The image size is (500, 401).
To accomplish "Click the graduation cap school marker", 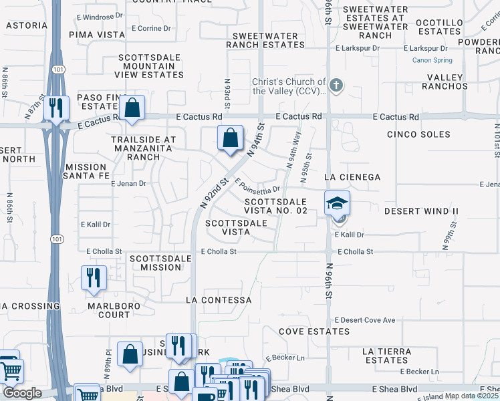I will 337,203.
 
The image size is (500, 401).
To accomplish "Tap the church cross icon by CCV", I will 336,86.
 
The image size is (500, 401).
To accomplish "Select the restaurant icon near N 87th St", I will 56,108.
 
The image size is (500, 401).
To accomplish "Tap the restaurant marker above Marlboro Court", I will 93,277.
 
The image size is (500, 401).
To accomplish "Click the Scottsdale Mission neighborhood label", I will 156,262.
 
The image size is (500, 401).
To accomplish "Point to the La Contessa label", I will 219,300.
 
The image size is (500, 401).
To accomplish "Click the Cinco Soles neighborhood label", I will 418,134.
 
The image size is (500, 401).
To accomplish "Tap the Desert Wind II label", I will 421,211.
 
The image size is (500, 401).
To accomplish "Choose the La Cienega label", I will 352,177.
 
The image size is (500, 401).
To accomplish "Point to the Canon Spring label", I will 432,60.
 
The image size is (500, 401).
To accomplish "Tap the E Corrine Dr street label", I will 151,29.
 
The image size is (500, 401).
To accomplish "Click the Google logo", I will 21,393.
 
